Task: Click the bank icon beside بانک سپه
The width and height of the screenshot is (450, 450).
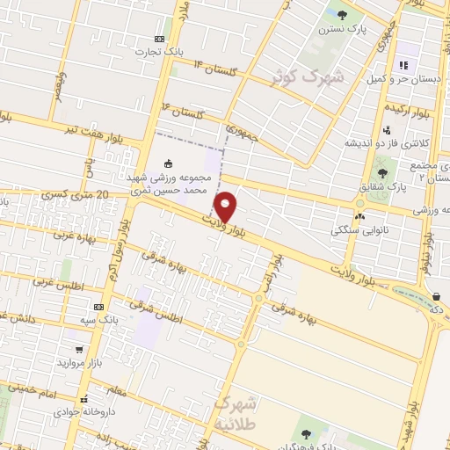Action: [99, 308]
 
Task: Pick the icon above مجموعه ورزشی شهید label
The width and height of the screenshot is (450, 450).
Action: [168, 163]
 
